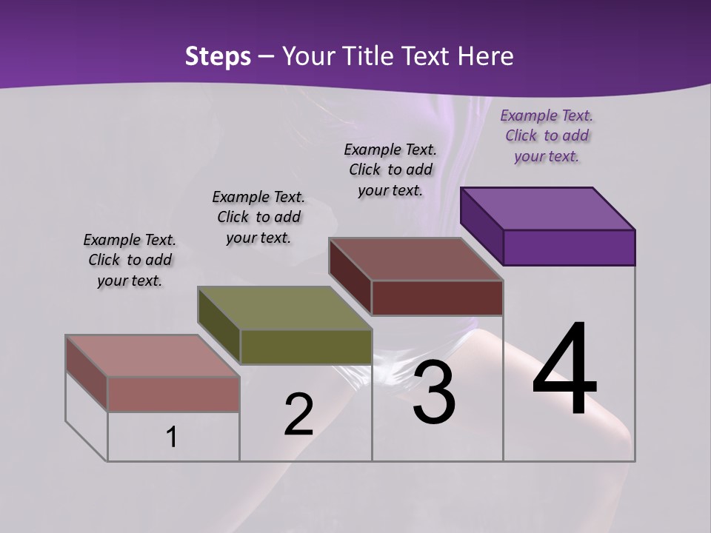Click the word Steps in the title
(218, 56)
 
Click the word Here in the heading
(485, 56)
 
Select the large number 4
(564, 369)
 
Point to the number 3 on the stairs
(434, 392)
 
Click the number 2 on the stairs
(298, 415)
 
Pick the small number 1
(172, 437)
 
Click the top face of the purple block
(548, 208)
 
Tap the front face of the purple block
(569, 247)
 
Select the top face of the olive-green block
(284, 308)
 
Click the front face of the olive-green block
(306, 346)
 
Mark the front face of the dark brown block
(437, 298)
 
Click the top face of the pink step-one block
(153, 356)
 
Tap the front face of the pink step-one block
(173, 394)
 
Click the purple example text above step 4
(547, 135)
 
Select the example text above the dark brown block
(390, 170)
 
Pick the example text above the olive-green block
(258, 217)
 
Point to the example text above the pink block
(130, 260)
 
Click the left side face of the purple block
(482, 227)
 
